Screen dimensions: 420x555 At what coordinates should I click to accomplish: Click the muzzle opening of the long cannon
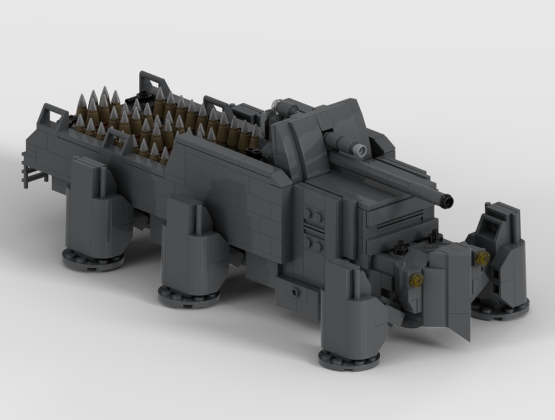(x=447, y=200)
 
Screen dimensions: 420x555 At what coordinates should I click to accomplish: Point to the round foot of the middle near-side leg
(x=189, y=296)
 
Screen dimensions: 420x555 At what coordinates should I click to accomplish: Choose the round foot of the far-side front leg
(x=500, y=307)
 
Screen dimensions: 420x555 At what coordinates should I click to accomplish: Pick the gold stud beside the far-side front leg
(x=482, y=258)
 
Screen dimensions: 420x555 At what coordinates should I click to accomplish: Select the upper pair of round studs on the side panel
(x=314, y=215)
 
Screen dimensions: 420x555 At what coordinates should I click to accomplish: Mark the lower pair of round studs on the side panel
(x=314, y=243)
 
